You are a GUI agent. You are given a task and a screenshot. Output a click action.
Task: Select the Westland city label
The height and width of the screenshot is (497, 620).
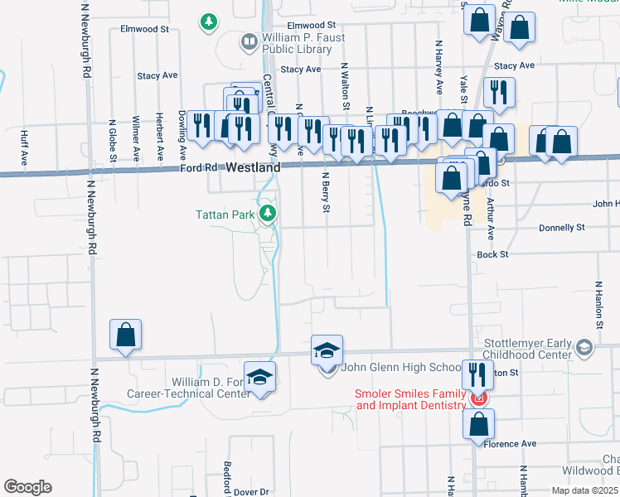(x=252, y=166)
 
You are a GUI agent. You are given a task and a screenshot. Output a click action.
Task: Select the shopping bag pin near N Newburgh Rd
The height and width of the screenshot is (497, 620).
(x=125, y=335)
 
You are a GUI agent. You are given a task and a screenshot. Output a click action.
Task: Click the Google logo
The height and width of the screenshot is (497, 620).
(x=28, y=487)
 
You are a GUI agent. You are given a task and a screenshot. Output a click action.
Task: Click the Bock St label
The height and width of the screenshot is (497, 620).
(x=492, y=254)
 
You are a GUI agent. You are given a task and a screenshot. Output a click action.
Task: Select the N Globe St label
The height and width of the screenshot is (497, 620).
(x=113, y=138)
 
